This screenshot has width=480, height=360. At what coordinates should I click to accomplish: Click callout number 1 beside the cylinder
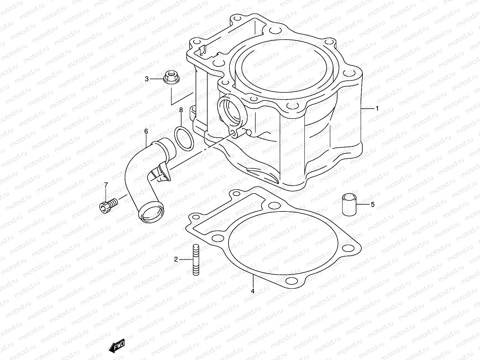click(377, 108)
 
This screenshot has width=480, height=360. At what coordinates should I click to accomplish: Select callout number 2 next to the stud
click(176, 259)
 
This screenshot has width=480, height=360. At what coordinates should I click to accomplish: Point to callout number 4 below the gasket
click(253, 291)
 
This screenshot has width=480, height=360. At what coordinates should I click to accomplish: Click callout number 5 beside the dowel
click(372, 205)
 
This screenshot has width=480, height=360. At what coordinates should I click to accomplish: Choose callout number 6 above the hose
click(146, 131)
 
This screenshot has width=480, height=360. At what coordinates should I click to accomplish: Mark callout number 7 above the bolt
click(106, 185)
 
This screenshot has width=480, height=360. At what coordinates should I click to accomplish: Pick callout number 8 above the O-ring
click(181, 110)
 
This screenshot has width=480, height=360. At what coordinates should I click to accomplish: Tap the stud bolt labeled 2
click(195, 260)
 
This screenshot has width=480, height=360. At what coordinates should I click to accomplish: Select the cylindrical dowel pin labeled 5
click(349, 205)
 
